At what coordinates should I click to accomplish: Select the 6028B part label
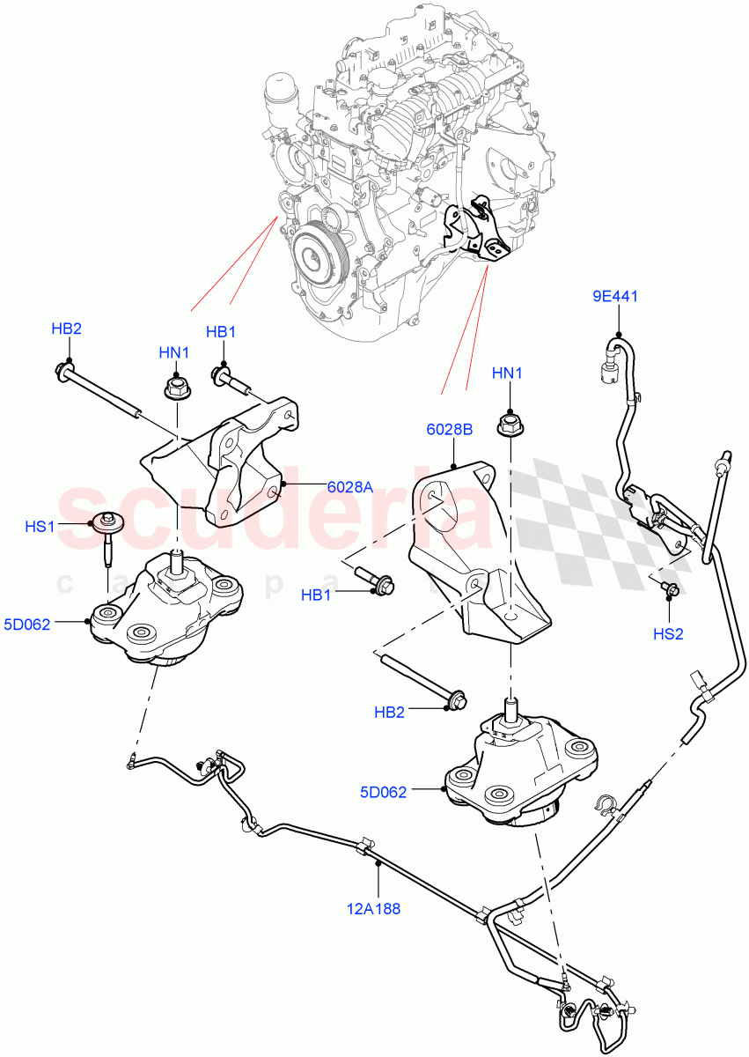tap(451, 430)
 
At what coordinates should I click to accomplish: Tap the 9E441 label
tap(615, 296)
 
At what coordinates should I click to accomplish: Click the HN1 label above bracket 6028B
tap(508, 373)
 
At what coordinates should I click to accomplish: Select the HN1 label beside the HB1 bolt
tap(173, 353)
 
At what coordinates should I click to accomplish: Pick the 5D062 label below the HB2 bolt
tap(383, 792)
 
